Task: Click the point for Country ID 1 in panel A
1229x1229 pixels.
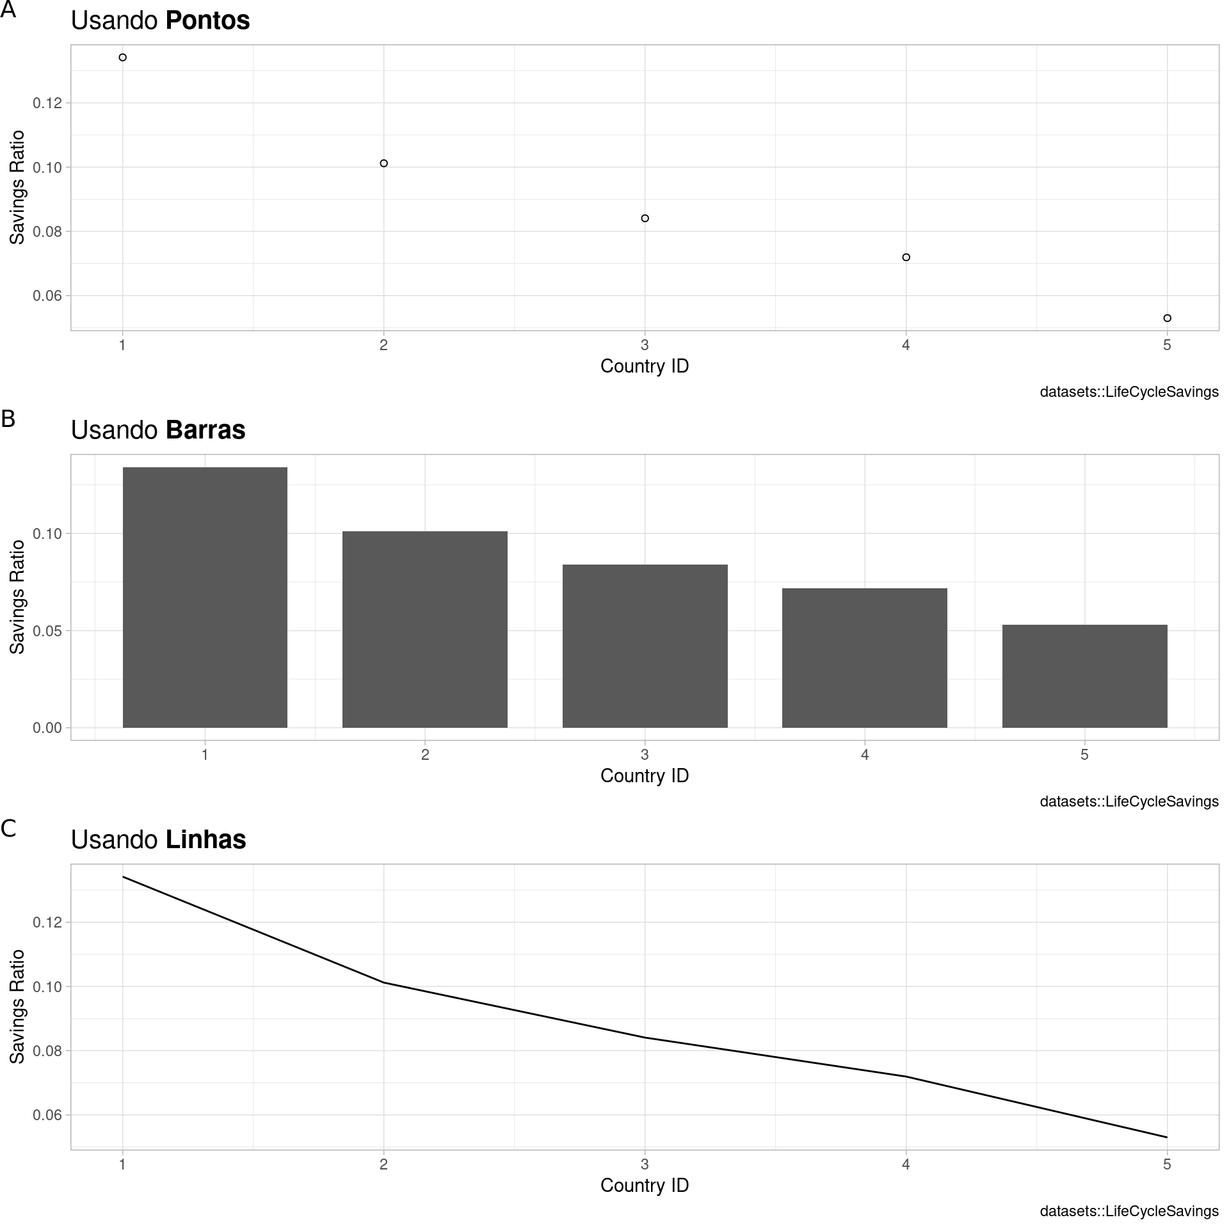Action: coord(123,58)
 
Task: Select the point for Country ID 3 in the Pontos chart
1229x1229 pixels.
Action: coord(645,218)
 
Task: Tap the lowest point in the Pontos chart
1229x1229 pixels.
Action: coord(1167,318)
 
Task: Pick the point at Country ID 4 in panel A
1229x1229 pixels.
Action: coord(906,257)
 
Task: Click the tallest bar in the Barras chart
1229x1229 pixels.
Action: coord(205,597)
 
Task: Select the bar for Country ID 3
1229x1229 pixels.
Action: coord(645,646)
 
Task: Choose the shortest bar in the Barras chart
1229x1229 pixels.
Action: coord(1084,676)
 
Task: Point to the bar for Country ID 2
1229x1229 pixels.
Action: coord(425,629)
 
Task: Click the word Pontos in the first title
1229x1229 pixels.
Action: coord(207,20)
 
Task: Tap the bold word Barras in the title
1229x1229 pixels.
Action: coord(205,430)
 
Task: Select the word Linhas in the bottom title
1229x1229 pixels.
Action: coord(205,840)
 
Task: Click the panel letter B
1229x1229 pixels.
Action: coord(8,419)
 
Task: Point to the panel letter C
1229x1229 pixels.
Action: coord(8,829)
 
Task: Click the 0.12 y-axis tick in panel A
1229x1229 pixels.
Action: coord(47,103)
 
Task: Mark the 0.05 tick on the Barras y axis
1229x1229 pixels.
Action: coord(47,631)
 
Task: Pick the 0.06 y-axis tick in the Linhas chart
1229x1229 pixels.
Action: coord(47,1115)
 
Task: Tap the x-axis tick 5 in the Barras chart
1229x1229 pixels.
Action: coord(1084,755)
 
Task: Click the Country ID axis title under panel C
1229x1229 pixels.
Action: coord(645,1185)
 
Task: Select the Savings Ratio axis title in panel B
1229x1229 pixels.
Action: coord(18,597)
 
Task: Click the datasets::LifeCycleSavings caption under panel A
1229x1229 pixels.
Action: coord(1129,392)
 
